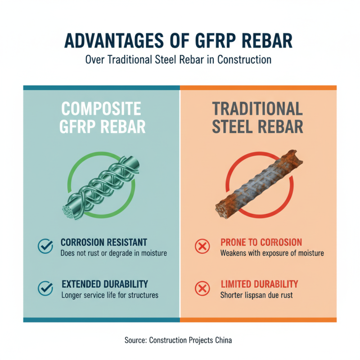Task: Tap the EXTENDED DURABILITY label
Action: [104, 284]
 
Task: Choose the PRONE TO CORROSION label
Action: [261, 243]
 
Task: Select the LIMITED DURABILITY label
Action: [259, 284]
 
